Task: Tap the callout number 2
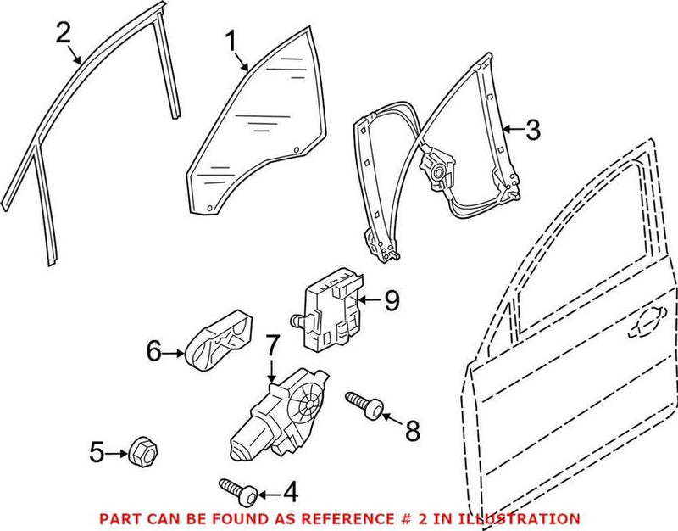(63, 34)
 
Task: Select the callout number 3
(531, 130)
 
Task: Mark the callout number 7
(271, 346)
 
